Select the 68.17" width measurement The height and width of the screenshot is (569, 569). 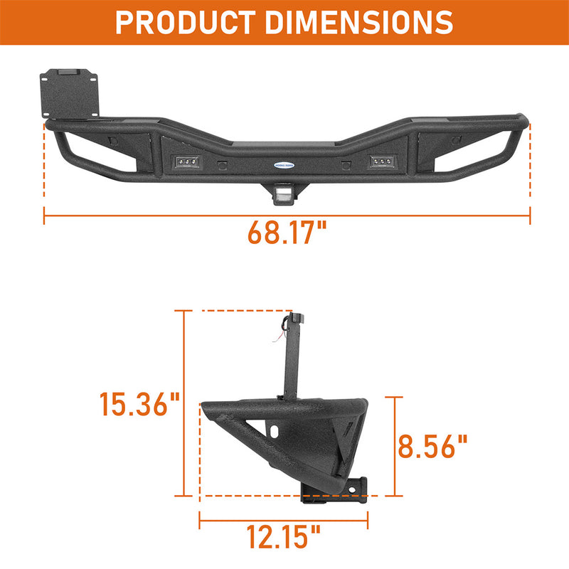[x=287, y=234]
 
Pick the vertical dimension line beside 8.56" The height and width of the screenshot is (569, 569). [x=393, y=446]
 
